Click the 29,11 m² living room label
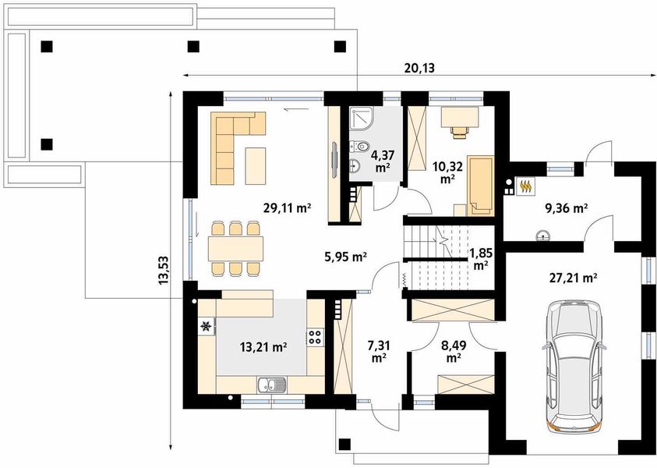click(287, 207)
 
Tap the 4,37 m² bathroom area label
click(381, 161)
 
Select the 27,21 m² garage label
click(573, 278)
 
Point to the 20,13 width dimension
click(419, 68)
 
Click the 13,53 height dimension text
click(164, 271)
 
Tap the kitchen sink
click(272, 385)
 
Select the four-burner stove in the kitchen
click(316, 337)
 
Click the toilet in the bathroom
click(359, 146)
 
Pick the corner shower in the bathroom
click(362, 119)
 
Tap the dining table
click(235, 249)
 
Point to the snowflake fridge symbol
click(207, 326)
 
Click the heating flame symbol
click(526, 186)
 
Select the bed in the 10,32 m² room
click(480, 186)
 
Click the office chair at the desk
click(460, 131)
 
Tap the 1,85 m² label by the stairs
click(481, 259)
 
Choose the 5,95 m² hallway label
click(346, 256)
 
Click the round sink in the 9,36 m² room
click(543, 236)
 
